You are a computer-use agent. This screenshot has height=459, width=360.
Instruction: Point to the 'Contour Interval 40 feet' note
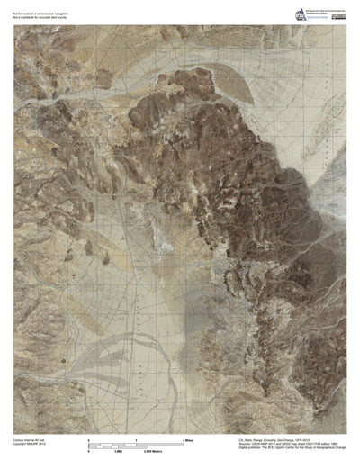[x=31, y=439]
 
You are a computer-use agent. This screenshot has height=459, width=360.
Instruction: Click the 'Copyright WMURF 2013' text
[x=31, y=444]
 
